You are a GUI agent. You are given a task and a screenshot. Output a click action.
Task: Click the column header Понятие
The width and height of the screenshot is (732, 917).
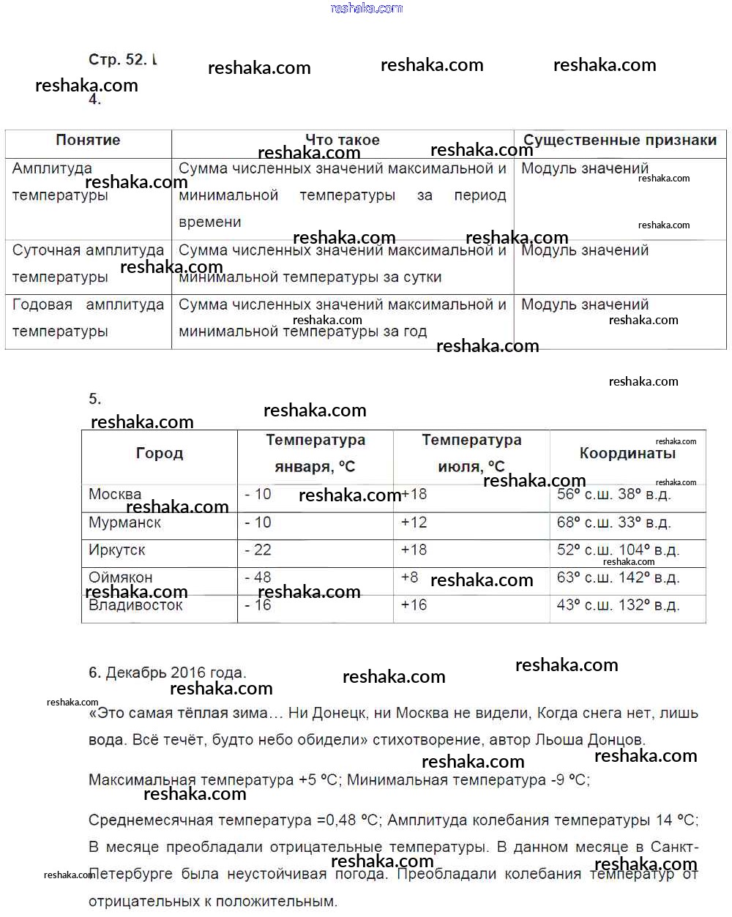point(88,141)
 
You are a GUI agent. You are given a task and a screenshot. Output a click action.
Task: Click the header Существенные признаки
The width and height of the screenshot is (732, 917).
point(619,141)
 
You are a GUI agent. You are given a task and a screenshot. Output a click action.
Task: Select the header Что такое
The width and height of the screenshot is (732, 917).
point(342,140)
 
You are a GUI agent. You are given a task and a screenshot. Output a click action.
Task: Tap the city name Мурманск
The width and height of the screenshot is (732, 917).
point(124,523)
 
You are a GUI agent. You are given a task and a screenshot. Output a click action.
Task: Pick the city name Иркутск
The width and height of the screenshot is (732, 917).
point(116,550)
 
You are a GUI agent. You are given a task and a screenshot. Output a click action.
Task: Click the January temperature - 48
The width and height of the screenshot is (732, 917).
point(258,577)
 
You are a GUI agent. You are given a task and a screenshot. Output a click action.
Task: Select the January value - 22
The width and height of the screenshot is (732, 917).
point(258,550)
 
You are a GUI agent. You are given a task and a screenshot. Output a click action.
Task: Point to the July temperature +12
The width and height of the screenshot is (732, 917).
point(414,523)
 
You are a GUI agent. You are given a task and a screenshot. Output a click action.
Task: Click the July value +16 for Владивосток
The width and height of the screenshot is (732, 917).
point(414,605)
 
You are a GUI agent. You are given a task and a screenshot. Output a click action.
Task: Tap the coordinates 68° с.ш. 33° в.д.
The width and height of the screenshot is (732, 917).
point(613,523)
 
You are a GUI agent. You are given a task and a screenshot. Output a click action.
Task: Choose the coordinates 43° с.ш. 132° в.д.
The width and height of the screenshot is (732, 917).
point(618,605)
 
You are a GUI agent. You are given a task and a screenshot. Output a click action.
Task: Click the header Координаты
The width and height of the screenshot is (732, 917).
point(627,454)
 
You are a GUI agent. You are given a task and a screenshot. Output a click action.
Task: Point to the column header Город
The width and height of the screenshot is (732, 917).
point(160,454)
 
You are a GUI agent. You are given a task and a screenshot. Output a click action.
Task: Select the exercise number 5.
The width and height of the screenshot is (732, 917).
point(94,399)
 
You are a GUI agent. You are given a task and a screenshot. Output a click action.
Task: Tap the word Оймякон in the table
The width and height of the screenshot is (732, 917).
point(120,577)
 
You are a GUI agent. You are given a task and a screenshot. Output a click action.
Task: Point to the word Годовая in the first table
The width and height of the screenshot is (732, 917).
point(42,304)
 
